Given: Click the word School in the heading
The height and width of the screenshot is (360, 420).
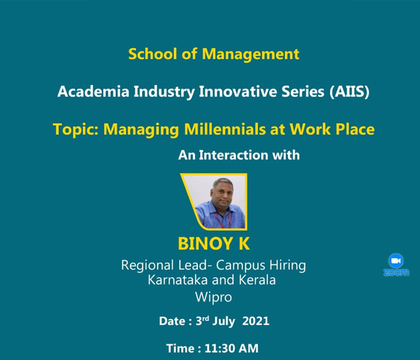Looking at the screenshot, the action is click(152, 54).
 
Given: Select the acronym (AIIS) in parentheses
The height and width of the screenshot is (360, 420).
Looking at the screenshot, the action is click(350, 92).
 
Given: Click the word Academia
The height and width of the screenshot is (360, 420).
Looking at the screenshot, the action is click(93, 92).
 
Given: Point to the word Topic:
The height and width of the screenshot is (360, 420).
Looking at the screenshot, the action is click(76, 130).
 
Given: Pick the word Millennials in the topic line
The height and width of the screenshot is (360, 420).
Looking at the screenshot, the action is click(225, 129).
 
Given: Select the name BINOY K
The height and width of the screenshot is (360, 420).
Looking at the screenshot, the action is click(214, 244).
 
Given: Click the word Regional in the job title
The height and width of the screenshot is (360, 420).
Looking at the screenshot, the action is click(148, 265).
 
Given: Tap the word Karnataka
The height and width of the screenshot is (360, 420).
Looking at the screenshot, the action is click(178, 280).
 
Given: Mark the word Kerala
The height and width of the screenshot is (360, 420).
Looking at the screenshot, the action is click(257, 280).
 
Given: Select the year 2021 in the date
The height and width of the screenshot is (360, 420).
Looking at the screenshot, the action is click(256, 321).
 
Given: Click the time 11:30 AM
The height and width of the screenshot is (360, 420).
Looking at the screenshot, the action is click(232, 349).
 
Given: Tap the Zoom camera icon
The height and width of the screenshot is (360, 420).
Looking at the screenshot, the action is click(396, 260).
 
